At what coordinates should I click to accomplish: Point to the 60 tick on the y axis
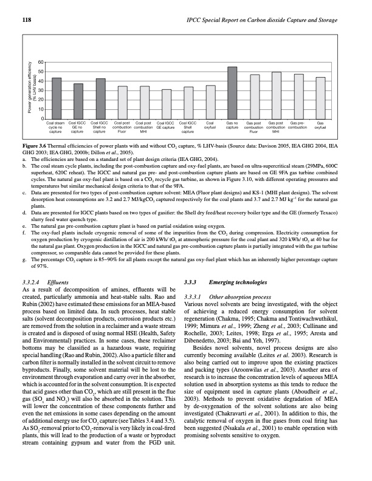tap(40, 63)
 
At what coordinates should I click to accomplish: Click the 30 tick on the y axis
tap(40, 90)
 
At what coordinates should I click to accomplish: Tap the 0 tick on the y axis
tap(41, 118)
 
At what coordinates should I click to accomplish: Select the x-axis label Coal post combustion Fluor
tap(122, 127)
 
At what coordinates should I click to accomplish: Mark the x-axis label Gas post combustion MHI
tap(276, 127)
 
